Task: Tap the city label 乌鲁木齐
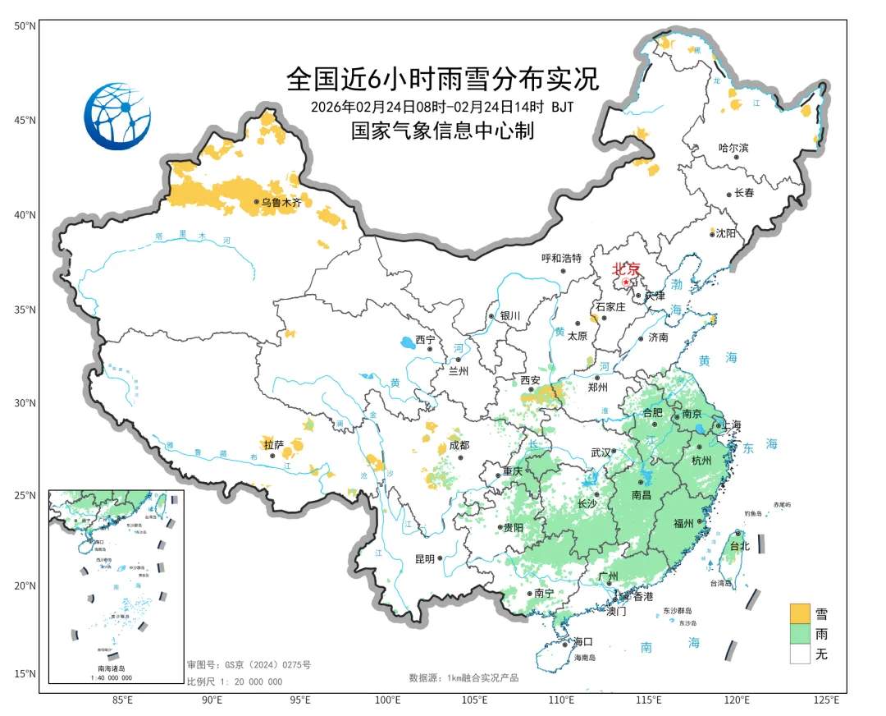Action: click(282, 202)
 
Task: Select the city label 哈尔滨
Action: click(733, 148)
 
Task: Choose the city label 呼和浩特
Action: click(561, 258)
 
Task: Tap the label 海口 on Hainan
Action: click(582, 641)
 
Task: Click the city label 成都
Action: click(459, 446)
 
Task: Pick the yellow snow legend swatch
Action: click(800, 613)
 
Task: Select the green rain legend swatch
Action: click(800, 633)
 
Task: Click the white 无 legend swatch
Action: click(800, 654)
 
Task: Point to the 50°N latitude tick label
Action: click(25, 26)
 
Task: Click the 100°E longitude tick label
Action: click(387, 700)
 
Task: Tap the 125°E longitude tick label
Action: click(826, 700)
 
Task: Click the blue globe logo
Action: click(117, 115)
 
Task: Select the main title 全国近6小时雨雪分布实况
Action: click(442, 80)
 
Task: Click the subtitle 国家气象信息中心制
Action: click(442, 131)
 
